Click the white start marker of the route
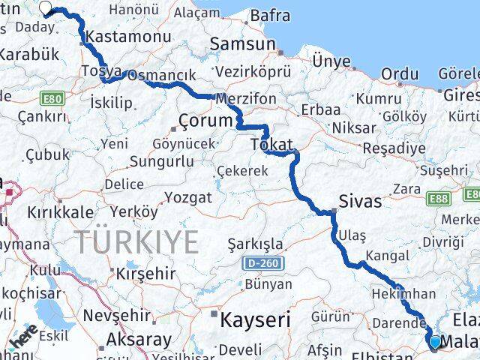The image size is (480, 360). [45, 9]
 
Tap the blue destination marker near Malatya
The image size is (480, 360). [436, 342]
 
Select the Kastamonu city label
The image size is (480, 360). [119, 35]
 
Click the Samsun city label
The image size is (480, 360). [242, 43]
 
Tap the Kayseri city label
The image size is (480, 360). [255, 319]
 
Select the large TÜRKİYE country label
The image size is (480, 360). [136, 242]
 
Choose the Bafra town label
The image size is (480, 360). [270, 14]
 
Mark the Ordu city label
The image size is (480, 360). [399, 73]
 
